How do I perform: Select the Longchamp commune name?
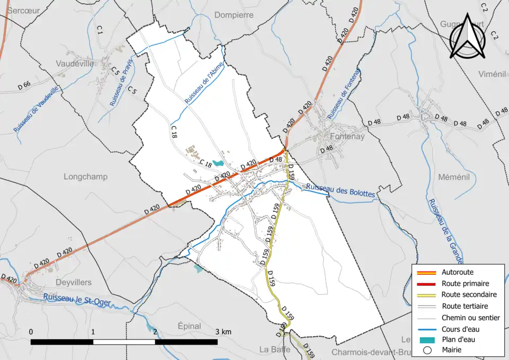click(x=85, y=177)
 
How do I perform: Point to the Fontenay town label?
click(x=347, y=136)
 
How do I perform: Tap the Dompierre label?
click(x=235, y=15)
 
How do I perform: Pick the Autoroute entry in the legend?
click(x=457, y=272)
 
